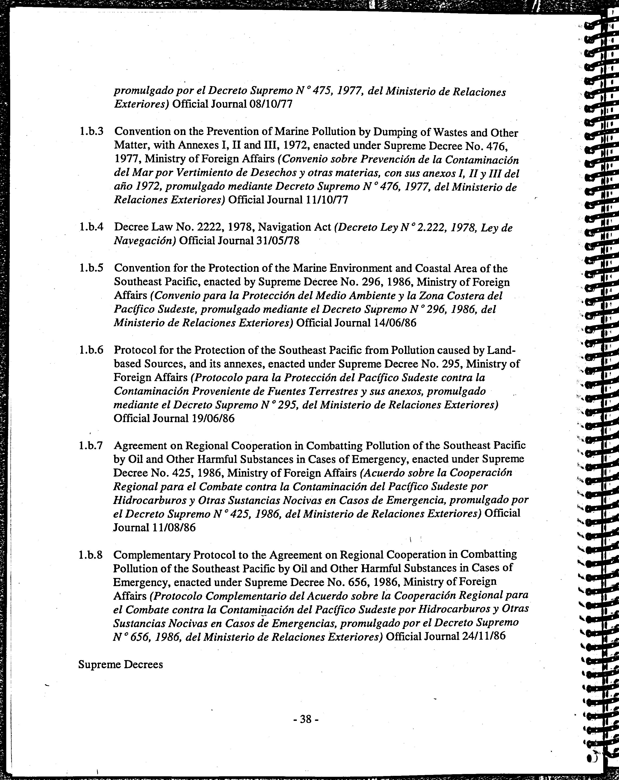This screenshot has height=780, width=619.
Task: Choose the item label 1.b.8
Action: [91, 555]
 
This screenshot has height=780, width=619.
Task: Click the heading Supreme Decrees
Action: [120, 664]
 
